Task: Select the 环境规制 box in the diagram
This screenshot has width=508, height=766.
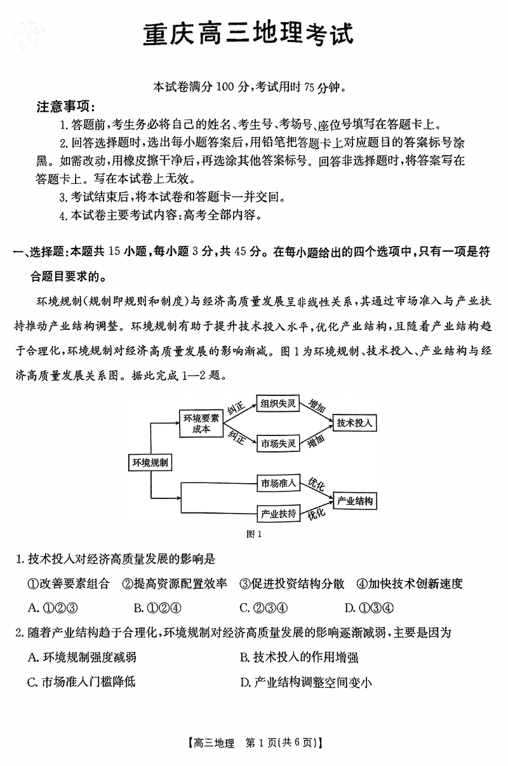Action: [150, 463]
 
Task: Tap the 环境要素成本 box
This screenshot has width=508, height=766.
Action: [201, 423]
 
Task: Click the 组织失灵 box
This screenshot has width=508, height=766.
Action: [278, 403]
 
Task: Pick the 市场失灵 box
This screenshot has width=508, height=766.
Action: [278, 443]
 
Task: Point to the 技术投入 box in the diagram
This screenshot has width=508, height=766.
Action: [355, 423]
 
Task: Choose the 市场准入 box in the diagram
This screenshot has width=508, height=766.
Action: [278, 483]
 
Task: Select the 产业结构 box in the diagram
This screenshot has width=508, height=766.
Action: [355, 501]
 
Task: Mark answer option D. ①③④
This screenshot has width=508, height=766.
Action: [369, 607]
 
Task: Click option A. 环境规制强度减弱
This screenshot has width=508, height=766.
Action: [83, 657]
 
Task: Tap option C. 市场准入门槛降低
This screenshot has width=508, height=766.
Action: [82, 683]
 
